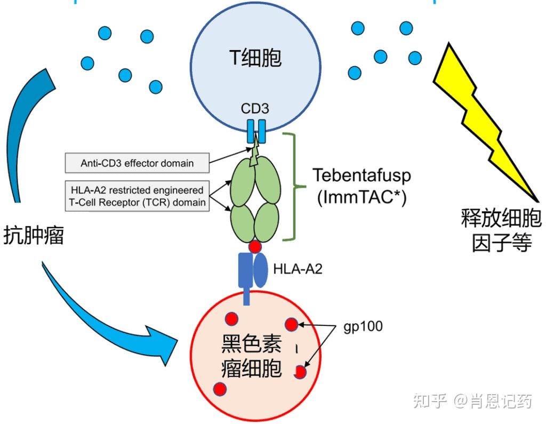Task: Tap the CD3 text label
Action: [254, 109]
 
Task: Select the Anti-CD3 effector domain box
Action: [136, 163]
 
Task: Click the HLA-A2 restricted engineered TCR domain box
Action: [136, 196]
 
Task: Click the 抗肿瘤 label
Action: [33, 235]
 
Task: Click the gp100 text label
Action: [364, 326]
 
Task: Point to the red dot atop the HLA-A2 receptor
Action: [255, 246]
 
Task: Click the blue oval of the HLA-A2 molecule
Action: [260, 271]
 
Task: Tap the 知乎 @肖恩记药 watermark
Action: [472, 401]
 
